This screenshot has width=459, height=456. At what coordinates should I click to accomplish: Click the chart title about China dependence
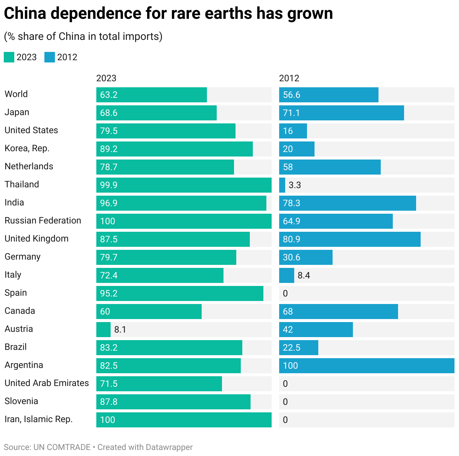click(x=168, y=14)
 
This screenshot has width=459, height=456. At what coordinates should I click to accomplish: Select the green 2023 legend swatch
click(x=9, y=57)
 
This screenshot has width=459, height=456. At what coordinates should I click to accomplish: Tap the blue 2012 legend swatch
click(x=50, y=57)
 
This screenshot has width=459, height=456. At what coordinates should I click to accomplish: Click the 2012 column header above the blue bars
click(x=289, y=78)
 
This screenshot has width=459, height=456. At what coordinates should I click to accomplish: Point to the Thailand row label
click(x=22, y=184)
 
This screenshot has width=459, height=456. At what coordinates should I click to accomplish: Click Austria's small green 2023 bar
click(x=103, y=330)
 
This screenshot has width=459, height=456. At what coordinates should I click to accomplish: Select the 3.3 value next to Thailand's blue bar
click(x=295, y=185)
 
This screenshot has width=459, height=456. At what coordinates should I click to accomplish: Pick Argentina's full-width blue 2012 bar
click(x=366, y=366)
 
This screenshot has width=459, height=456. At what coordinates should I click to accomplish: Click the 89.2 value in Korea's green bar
click(x=109, y=149)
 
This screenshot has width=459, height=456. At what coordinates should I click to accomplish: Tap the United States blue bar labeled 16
click(x=293, y=131)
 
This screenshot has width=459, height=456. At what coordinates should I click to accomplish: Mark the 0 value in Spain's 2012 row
click(x=285, y=293)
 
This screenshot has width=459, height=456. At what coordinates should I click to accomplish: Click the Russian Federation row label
click(x=43, y=220)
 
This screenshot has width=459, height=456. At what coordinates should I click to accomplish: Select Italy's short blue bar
click(x=287, y=275)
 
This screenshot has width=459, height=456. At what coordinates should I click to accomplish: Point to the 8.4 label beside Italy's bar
click(x=304, y=275)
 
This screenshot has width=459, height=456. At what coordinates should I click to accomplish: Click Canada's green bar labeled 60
click(x=149, y=312)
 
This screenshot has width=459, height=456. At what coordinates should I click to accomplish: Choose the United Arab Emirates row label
click(x=47, y=383)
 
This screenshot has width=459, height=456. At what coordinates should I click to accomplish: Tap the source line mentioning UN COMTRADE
click(x=98, y=447)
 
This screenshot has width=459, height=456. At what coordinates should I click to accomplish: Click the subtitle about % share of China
click(x=83, y=36)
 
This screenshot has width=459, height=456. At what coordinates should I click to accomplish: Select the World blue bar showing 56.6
click(x=328, y=95)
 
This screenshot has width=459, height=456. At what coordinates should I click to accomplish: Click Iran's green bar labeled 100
click(x=184, y=420)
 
